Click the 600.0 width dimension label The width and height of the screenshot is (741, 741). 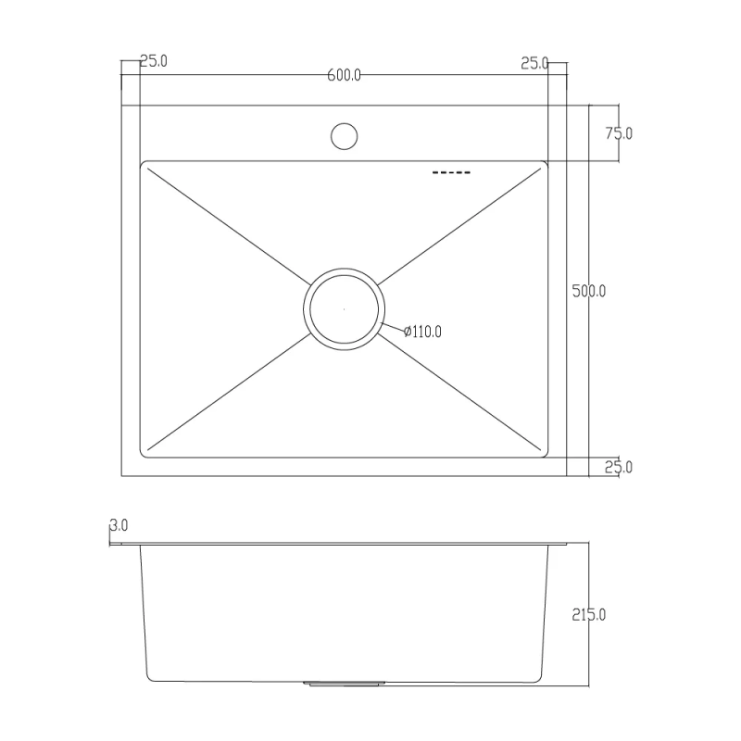344,75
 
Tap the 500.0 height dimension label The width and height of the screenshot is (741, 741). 589,291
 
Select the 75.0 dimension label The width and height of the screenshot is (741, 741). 619,133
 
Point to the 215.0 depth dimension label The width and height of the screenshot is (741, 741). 589,615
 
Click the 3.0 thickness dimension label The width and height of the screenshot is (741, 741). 119,525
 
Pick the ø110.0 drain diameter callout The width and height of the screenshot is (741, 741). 422,332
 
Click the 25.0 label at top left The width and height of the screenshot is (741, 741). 154,61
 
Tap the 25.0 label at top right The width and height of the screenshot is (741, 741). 534,63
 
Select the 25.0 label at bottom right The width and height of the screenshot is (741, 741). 619,467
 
